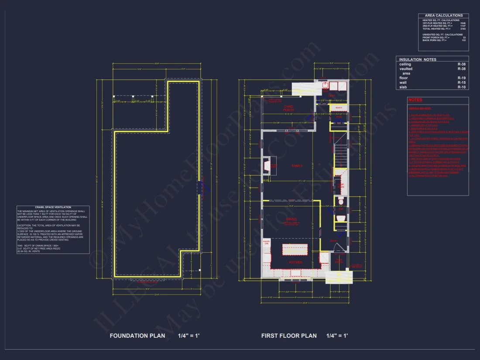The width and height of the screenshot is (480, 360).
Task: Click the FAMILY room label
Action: click(x=297, y=166)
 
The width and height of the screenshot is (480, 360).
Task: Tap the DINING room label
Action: click(x=291, y=219)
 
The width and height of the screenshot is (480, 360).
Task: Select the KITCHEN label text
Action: click(x=295, y=262)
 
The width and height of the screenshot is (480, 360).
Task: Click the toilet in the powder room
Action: click(x=341, y=202)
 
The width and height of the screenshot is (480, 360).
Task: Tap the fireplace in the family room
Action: click(x=267, y=166)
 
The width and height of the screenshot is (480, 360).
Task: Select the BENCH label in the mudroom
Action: click(x=339, y=108)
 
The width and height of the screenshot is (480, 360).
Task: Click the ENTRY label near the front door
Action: click(x=333, y=241)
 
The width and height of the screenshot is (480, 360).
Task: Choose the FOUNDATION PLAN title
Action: click(x=137, y=336)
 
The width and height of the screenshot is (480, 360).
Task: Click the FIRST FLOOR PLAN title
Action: click(x=289, y=336)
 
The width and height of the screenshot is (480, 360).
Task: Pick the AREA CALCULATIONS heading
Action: click(x=444, y=16)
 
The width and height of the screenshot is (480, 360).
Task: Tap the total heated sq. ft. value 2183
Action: click(x=463, y=29)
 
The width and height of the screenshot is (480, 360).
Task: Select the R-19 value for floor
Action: click(x=462, y=78)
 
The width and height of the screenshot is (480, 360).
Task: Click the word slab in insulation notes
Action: click(x=403, y=87)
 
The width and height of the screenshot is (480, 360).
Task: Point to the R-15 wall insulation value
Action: click(x=462, y=82)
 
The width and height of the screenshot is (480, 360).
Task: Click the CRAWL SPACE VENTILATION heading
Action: click(x=53, y=207)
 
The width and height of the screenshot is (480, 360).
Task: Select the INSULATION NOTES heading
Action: click(x=418, y=59)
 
